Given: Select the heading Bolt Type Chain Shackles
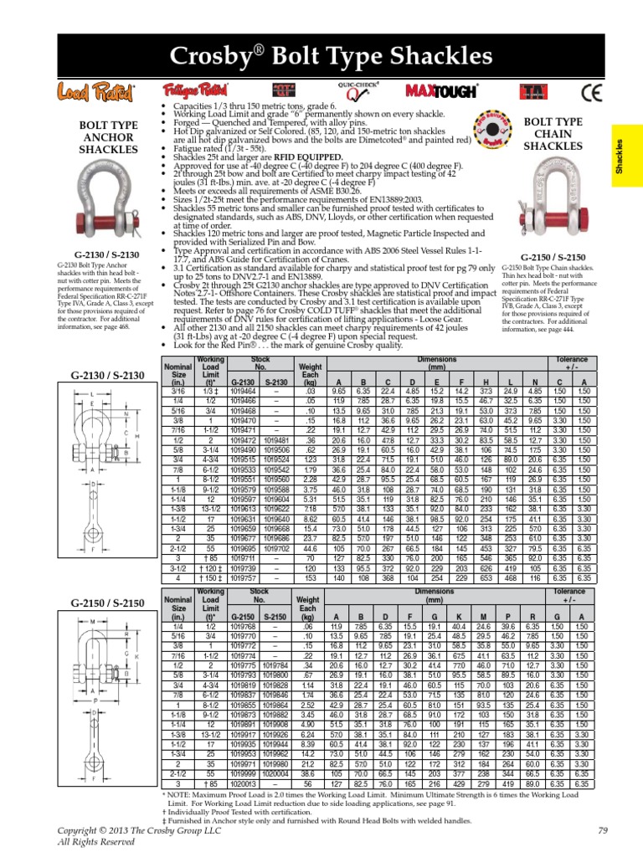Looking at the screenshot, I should coord(553,134).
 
